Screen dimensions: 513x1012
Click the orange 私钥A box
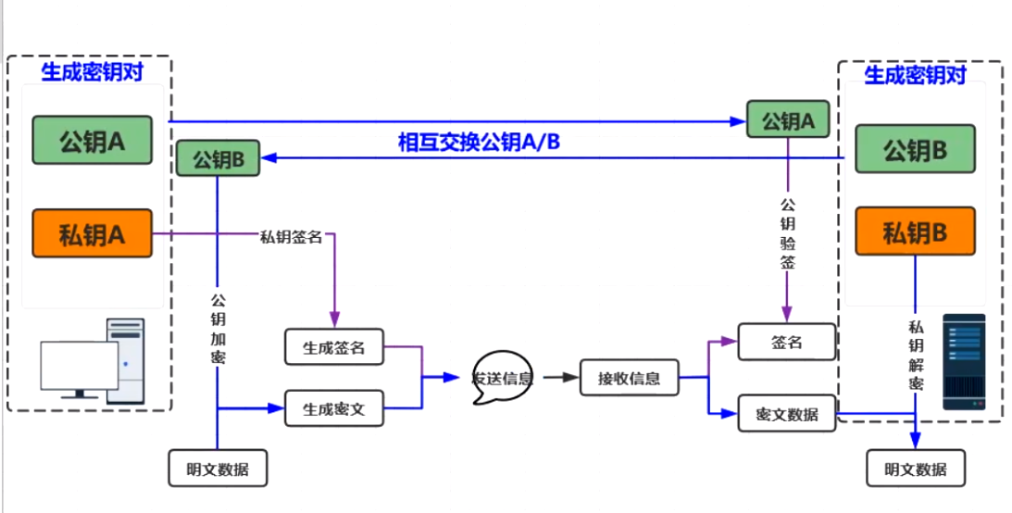92,232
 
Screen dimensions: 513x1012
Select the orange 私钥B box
915,231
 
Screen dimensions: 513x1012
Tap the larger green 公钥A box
92,142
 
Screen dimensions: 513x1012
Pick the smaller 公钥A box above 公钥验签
787,120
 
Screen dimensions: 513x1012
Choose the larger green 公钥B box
915,149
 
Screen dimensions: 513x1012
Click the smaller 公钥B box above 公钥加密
218,158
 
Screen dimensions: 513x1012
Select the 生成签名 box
334,347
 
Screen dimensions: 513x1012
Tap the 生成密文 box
334,409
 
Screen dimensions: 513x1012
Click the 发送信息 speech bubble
502,378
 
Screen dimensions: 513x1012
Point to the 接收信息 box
629,378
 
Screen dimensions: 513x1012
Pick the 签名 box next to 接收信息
786,342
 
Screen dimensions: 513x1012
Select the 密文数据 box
786,414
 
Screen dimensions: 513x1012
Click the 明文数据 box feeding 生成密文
218,468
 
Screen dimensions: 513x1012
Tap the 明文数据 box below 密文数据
915,468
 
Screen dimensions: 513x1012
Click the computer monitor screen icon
79,367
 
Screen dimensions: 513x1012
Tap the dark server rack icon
964,362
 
